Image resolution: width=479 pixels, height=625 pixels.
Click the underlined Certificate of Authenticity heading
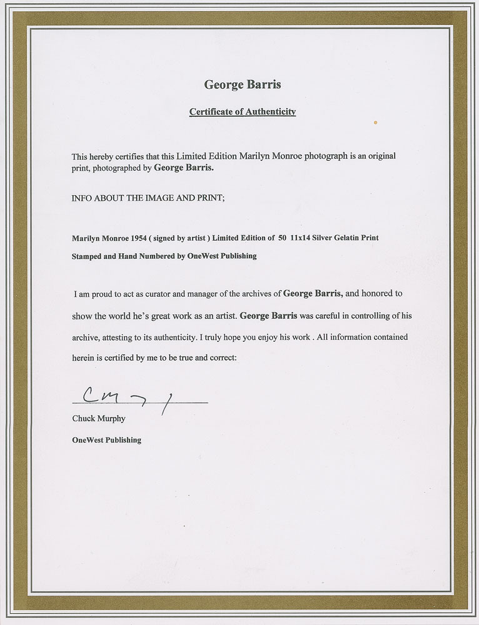coord(243,112)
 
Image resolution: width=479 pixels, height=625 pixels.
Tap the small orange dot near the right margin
coord(375,122)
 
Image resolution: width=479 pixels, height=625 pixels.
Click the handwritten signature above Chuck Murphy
coord(125,396)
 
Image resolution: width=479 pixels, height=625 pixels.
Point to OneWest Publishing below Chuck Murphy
coord(107,440)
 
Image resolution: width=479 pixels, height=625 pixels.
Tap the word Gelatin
coord(360,238)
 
